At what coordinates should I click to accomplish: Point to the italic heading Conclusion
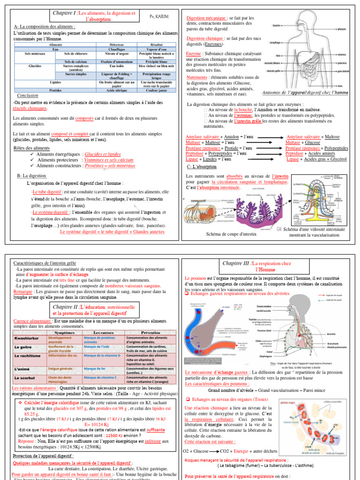coord(28,95)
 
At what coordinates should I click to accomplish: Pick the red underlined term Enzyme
coord(194,54)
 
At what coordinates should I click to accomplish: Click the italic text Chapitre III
coord(237,263)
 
